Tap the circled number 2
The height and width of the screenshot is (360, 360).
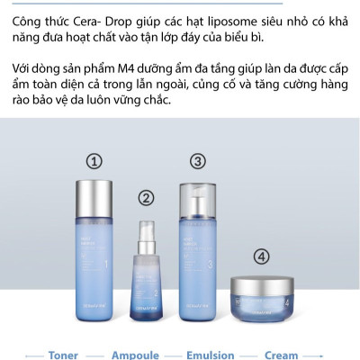(x=147, y=197)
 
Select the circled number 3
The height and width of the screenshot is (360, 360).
(x=197, y=162)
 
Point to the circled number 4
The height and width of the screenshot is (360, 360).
(x=261, y=256)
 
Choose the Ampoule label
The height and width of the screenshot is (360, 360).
(x=135, y=355)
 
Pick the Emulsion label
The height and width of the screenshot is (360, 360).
(x=211, y=355)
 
